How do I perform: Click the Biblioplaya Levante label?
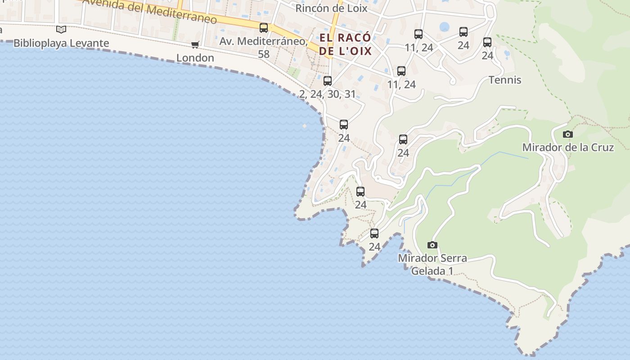pos(61,43)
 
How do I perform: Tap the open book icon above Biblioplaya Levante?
pos(61,30)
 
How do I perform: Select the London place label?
pos(195,58)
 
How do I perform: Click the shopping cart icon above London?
pos(195,45)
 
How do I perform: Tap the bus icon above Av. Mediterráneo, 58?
pos(264,28)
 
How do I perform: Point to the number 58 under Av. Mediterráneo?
pos(264,54)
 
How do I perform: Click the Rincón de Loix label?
pos(331,8)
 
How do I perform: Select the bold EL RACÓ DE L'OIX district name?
pos(346,44)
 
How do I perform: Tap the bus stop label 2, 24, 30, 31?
pos(328,94)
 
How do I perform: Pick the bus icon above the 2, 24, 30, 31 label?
pos(328,81)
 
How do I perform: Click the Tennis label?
pos(505,80)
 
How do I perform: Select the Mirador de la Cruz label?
pos(568,147)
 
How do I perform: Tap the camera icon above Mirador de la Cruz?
pos(568,134)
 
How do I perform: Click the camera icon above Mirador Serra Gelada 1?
pos(432,245)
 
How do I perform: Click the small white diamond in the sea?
pos(305,126)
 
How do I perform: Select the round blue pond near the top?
pos(445,27)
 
